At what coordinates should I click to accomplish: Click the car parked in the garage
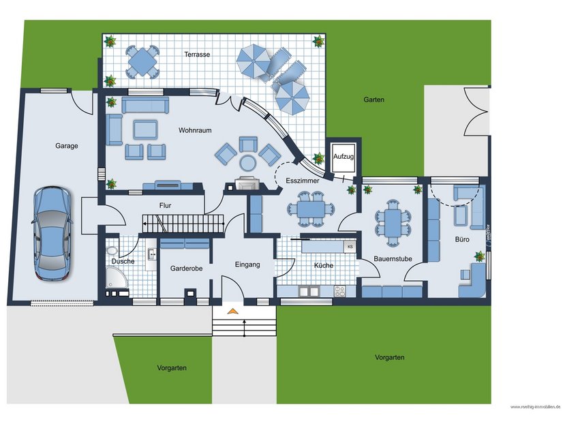click(x=52, y=234)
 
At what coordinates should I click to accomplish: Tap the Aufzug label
click(x=343, y=157)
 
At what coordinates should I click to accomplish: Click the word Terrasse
click(x=197, y=54)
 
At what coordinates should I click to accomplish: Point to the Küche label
click(x=324, y=265)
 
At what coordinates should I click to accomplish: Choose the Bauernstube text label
click(x=392, y=258)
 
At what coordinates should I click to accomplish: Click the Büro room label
click(x=462, y=239)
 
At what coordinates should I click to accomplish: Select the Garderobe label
click(x=183, y=269)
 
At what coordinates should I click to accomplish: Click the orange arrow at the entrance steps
click(x=233, y=312)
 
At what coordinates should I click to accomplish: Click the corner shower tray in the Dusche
click(x=116, y=278)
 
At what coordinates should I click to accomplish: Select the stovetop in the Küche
click(x=339, y=291)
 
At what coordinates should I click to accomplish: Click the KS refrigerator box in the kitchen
click(x=350, y=246)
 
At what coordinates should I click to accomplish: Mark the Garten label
click(x=373, y=100)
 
